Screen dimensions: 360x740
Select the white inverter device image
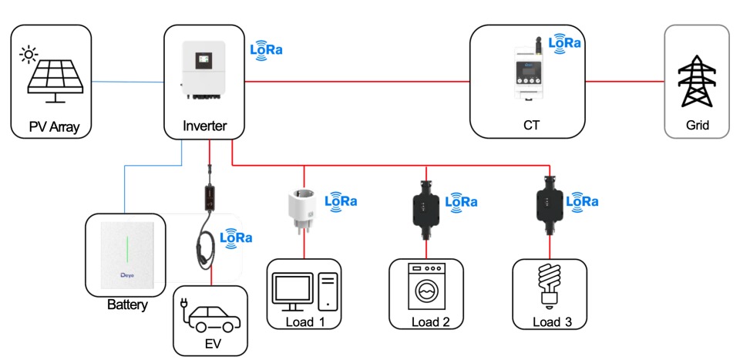[203, 72]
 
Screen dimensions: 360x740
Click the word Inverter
[204, 126]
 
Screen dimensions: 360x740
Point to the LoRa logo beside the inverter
[267, 50]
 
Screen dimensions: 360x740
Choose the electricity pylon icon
[697, 82]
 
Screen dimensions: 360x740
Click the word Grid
[697, 126]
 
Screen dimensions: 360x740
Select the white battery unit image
[126, 253]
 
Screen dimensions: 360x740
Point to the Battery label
[127, 305]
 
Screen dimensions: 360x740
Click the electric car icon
[210, 315]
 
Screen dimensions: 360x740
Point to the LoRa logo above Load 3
[583, 201]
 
